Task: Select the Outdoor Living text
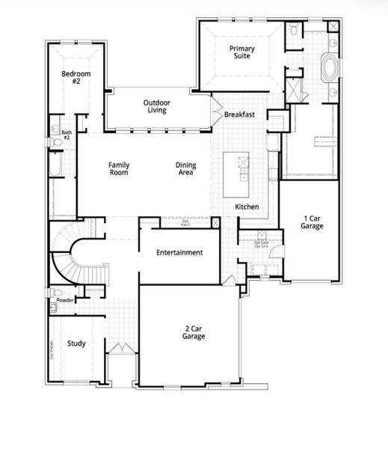156,106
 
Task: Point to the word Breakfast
240,114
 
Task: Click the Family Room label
119,168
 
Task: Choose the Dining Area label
185,168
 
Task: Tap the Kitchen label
247,207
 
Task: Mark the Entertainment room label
179,253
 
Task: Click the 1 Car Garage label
312,222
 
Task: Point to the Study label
76,344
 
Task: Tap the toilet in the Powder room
54,293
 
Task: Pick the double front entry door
120,351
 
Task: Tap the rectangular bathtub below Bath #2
58,165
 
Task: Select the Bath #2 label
66,135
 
